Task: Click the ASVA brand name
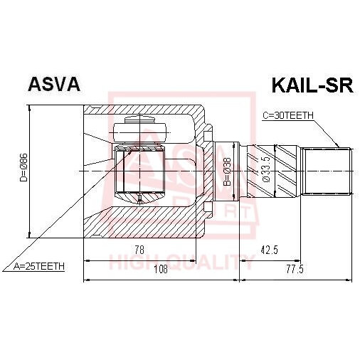pyautogui.click(x=53, y=85)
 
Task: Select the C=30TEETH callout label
pyautogui.click(x=287, y=115)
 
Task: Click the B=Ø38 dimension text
pyautogui.click(x=226, y=171)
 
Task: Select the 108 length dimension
pyautogui.click(x=162, y=269)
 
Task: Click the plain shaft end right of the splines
pyautogui.click(x=327, y=171)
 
